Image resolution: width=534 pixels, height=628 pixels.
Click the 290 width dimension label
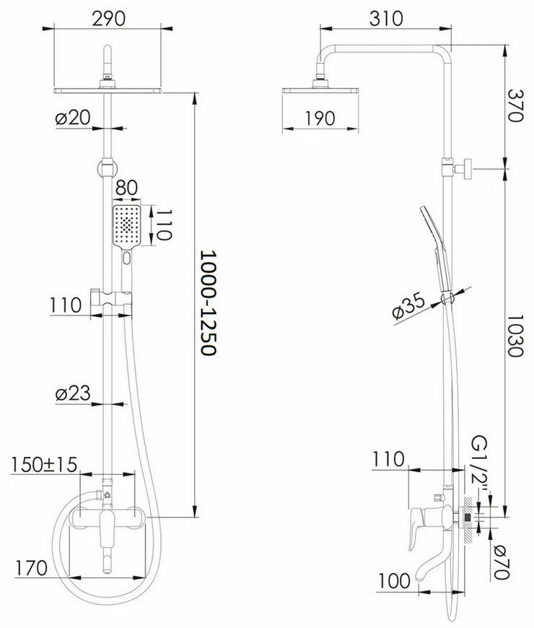(108, 19)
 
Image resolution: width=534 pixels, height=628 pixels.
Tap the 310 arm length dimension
(386, 19)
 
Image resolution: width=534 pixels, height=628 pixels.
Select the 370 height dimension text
(515, 105)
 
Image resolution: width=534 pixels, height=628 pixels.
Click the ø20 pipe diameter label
(74, 118)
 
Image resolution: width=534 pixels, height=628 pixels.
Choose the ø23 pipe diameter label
(74, 393)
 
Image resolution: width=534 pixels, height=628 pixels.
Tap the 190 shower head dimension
(320, 118)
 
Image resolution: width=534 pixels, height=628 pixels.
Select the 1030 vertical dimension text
(515, 336)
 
